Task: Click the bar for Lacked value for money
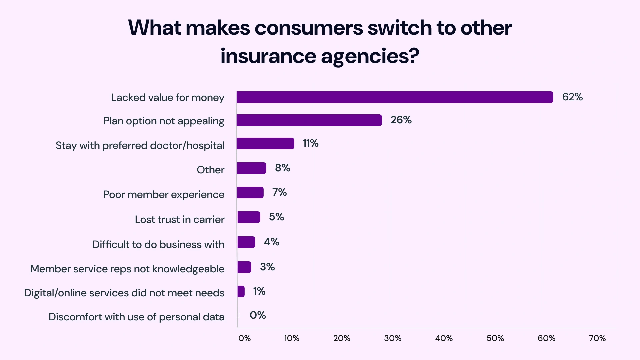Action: coord(395,97)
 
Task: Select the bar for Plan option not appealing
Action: coord(309,120)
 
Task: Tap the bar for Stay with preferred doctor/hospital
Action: coord(265,143)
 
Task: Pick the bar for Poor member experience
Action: coord(250,192)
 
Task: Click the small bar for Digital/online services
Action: coord(241,291)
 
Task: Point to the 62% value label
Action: coord(572,97)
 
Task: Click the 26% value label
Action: coord(401,120)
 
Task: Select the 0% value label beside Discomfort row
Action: coord(258,315)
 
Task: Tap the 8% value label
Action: coord(282,168)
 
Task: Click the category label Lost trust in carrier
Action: coord(179,219)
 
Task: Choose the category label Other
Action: coord(210,170)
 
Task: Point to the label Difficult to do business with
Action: coord(158,244)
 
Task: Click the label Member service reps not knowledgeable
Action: coord(127,269)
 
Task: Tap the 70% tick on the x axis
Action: coord(597,338)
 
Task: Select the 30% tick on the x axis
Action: coord(393,338)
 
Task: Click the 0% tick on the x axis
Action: coord(244,338)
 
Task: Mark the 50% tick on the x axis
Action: coord(495,338)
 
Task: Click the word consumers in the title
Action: coord(308,28)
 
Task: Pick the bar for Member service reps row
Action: coord(244,267)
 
